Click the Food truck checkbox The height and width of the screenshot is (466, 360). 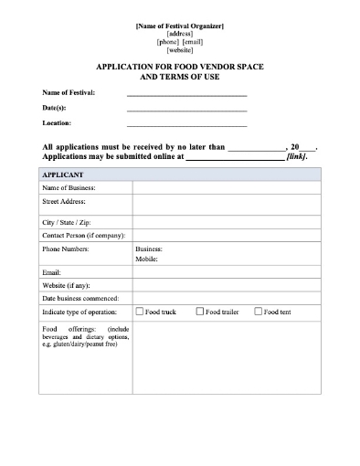tap(139, 312)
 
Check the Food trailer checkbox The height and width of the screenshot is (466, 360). tap(200, 312)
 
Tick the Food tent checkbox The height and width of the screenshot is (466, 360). tap(259, 312)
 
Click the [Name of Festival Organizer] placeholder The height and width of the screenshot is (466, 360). tap(179, 26)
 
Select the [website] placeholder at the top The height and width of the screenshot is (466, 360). tap(179, 50)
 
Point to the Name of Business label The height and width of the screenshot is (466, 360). tap(69, 187)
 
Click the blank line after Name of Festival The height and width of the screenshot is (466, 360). tap(186, 93)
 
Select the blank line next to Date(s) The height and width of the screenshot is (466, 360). tap(186, 108)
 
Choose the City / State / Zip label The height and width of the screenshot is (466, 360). tap(67, 222)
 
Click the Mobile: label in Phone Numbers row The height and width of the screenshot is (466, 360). tap(146, 259)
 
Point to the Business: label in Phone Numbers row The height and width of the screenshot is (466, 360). tap(149, 249)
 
